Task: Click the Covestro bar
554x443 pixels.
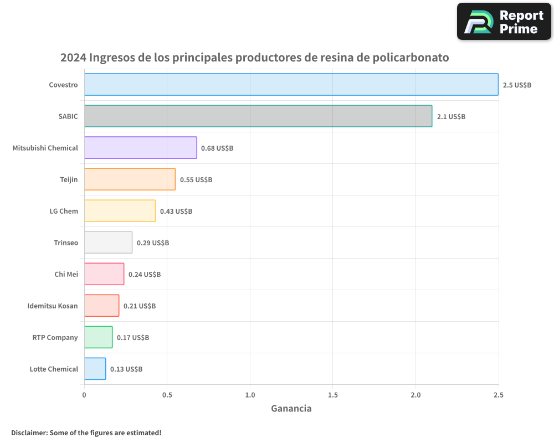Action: tap(291, 84)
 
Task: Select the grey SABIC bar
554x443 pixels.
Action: tap(258, 116)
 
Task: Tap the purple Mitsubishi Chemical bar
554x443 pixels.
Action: tap(140, 147)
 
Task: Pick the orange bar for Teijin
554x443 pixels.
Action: tap(130, 179)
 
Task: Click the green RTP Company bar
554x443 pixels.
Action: tap(98, 337)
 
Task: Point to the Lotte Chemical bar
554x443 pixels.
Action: tap(95, 369)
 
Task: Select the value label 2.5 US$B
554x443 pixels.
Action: tap(517, 85)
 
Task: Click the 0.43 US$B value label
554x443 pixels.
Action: tap(176, 211)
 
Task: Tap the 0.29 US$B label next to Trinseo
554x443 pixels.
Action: tap(153, 243)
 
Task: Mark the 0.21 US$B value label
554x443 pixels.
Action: tap(140, 306)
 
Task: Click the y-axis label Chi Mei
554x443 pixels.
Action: tap(66, 274)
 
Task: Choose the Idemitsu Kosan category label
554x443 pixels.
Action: tap(53, 306)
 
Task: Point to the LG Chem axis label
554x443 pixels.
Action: tap(64, 211)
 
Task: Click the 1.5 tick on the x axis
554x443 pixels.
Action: tap(332, 395)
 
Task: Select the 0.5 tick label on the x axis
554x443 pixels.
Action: tap(167, 395)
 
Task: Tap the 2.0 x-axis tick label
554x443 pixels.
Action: tap(416, 395)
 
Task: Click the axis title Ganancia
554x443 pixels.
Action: tap(291, 409)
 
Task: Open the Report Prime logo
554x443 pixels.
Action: tap(504, 22)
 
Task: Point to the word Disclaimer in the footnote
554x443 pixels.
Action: tap(29, 432)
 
